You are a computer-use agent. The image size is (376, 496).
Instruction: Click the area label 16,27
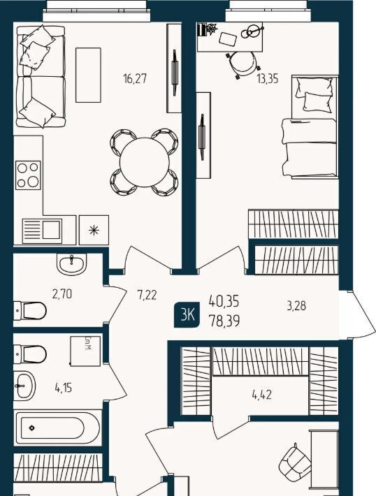click(135, 78)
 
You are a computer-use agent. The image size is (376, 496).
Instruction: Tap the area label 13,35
click(268, 78)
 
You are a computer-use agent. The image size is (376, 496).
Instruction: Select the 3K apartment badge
click(187, 315)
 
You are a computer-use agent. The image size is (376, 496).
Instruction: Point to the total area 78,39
click(224, 321)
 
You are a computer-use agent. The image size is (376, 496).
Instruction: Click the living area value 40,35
click(224, 302)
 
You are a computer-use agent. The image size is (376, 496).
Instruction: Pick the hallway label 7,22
click(147, 295)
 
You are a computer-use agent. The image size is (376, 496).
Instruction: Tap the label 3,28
click(296, 306)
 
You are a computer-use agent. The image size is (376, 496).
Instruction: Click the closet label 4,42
click(262, 395)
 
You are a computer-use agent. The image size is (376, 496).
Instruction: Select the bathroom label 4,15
click(64, 387)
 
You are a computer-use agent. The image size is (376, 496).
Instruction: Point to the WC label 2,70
click(62, 294)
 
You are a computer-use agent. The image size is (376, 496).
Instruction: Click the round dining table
click(145, 162)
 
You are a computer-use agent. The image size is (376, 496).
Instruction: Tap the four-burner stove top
click(28, 175)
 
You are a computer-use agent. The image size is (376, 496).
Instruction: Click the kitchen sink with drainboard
click(42, 231)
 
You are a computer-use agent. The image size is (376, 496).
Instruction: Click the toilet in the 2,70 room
click(30, 311)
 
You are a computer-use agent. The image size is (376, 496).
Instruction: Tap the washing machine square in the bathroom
click(85, 351)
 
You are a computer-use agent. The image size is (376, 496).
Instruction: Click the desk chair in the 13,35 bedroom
click(243, 64)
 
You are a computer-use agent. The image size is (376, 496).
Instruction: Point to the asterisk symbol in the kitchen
click(94, 231)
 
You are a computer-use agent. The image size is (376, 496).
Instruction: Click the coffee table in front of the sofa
click(88, 75)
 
